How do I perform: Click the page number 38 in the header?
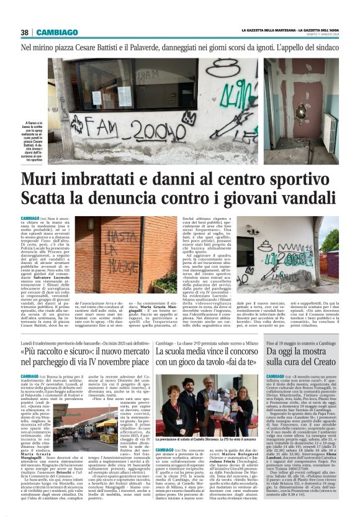pyautogui.click(x=25, y=32)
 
